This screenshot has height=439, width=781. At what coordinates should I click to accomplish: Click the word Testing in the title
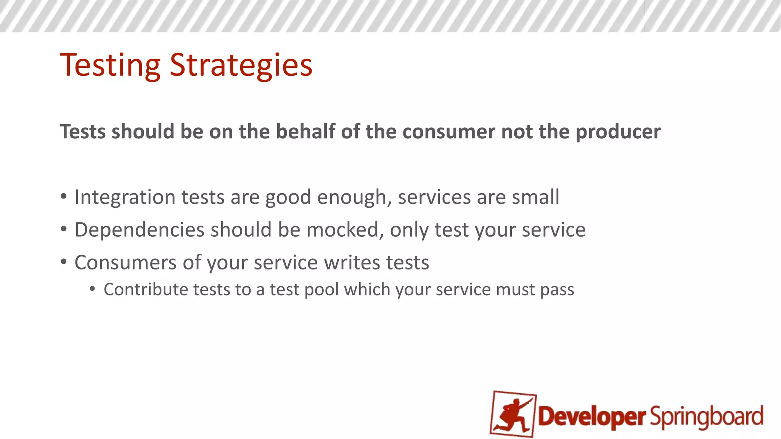pos(110,66)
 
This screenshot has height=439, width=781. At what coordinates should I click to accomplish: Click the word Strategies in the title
pos(241,66)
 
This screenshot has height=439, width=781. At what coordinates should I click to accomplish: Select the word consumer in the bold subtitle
pos(449,132)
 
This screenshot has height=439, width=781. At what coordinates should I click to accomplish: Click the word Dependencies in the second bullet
pos(140,230)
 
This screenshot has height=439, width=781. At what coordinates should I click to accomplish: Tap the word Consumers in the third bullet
pos(125,263)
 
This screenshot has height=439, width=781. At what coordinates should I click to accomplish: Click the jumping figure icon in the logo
pos(513,414)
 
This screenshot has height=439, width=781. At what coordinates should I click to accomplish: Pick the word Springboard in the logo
pos(707,417)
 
